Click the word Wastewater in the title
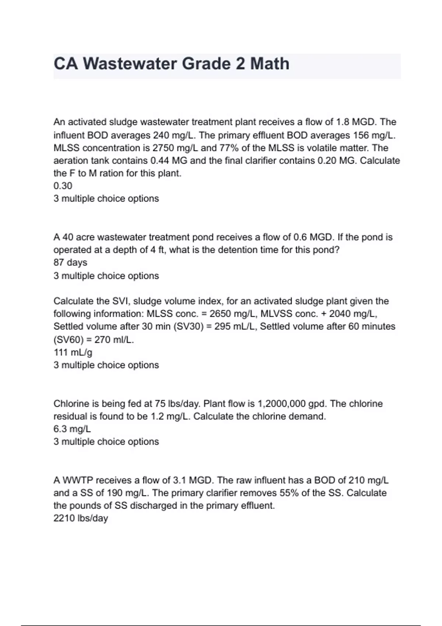pos(131,64)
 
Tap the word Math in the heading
pos(270,64)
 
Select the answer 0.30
pos(63,186)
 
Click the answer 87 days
pos(70,263)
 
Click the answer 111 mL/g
pos(73,352)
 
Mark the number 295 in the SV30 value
pos(222,327)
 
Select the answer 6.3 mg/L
pos(72,429)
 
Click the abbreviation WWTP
pos(78,481)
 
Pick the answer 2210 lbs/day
pos(81,518)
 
